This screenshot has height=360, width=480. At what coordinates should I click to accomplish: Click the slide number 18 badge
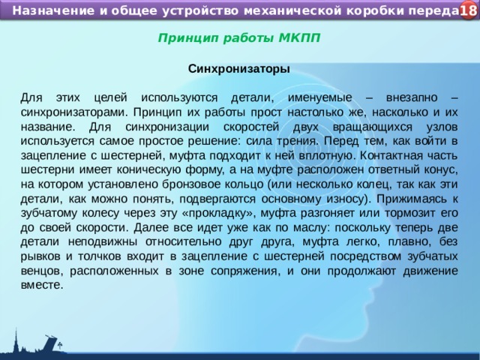(x=467, y=10)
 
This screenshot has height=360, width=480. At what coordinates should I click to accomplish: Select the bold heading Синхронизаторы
(x=239, y=68)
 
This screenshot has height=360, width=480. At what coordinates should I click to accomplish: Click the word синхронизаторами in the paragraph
(x=68, y=112)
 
